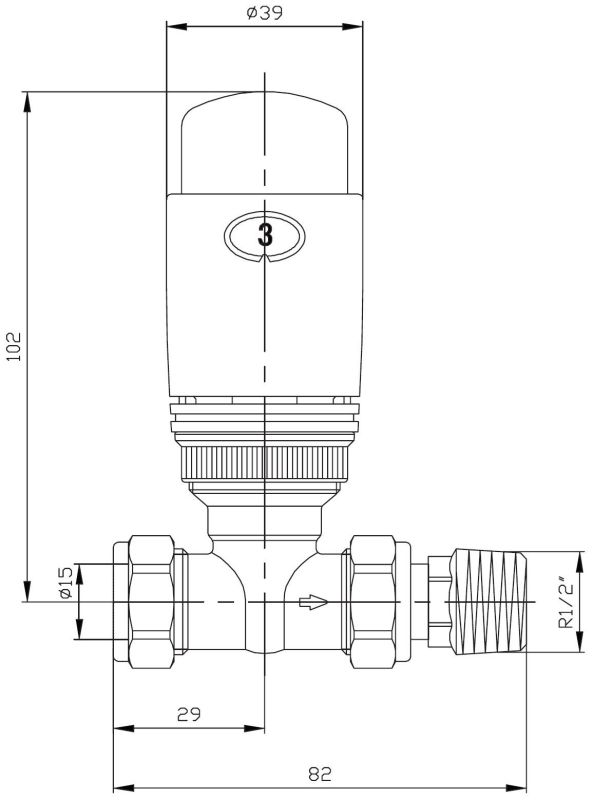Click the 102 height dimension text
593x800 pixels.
point(13,348)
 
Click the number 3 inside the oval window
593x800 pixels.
point(264,237)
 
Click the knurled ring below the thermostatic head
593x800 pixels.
point(264,463)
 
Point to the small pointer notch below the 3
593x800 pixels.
point(264,259)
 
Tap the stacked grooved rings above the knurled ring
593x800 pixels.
point(264,420)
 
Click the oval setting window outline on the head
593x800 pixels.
point(232,237)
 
